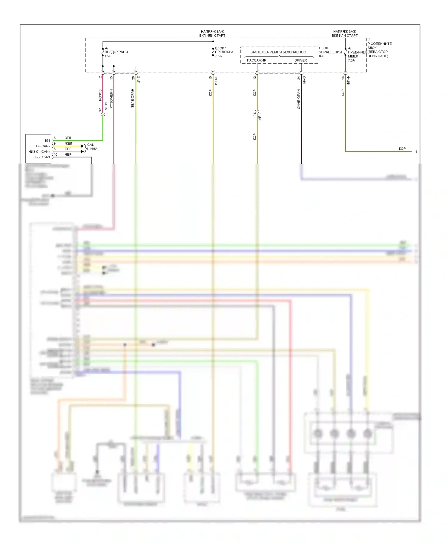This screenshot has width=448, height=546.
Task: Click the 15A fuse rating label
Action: pyautogui.click(x=108, y=56)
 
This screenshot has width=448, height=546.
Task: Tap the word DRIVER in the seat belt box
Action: pyautogui.click(x=300, y=60)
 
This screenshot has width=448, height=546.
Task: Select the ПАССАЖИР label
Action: pyautogui.click(x=256, y=60)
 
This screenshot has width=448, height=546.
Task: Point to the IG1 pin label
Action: pyautogui.click(x=47, y=141)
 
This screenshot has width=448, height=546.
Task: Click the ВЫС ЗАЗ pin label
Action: pyautogui.click(x=42, y=157)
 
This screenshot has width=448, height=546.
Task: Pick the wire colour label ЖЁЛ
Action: pyautogui.click(x=68, y=143)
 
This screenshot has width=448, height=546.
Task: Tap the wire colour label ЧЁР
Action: pyautogui.click(x=68, y=154)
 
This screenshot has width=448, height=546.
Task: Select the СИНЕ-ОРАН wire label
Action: pyautogui.click(x=299, y=99)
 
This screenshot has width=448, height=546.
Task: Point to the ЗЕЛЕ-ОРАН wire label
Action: pyautogui.click(x=132, y=98)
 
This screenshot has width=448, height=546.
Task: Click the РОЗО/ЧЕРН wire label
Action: pyautogui.click(x=111, y=99)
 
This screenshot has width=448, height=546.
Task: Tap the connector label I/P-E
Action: pyautogui.click(x=139, y=80)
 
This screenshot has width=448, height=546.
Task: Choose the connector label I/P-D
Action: pyautogui.click(x=304, y=80)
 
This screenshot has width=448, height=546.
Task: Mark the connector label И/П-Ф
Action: pyautogui.click(x=349, y=81)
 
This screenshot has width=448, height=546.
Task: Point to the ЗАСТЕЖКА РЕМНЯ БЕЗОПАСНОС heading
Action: pyautogui.click(x=278, y=52)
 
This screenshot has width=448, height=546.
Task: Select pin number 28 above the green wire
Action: pyautogui.click(x=133, y=78)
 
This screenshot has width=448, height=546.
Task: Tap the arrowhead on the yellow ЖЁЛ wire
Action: pyautogui.click(x=82, y=146)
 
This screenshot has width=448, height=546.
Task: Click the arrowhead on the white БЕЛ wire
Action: pyautogui.click(x=82, y=152)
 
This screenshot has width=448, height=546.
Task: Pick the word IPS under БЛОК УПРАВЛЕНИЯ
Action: pyautogui.click(x=322, y=56)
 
